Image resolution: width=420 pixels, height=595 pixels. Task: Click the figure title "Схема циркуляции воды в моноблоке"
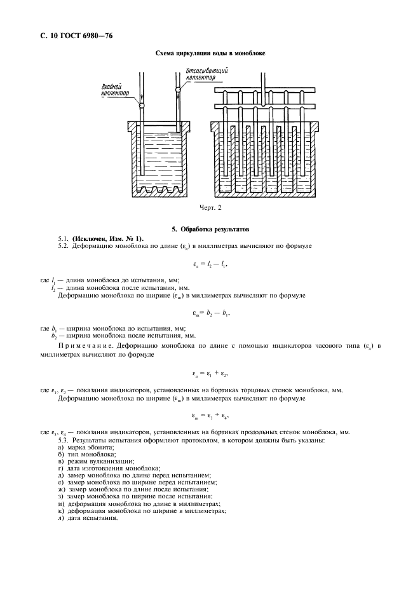click(210, 53)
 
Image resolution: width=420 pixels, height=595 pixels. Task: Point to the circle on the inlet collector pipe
click(142, 104)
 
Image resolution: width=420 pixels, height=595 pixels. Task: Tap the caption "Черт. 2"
click(210, 207)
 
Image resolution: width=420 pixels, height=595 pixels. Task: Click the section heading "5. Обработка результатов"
click(210, 228)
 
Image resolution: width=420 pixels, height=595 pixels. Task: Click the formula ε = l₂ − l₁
click(210, 263)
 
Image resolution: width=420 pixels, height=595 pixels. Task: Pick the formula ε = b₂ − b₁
click(210, 313)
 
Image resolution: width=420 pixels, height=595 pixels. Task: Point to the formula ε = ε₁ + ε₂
click(210, 373)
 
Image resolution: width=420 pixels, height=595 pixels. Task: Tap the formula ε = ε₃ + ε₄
click(210, 416)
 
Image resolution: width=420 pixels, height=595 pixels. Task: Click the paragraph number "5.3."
click(64, 441)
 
